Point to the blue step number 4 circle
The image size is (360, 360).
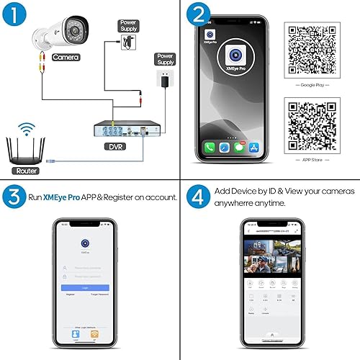[x=197, y=196]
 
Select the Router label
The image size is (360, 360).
[x=26, y=171]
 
